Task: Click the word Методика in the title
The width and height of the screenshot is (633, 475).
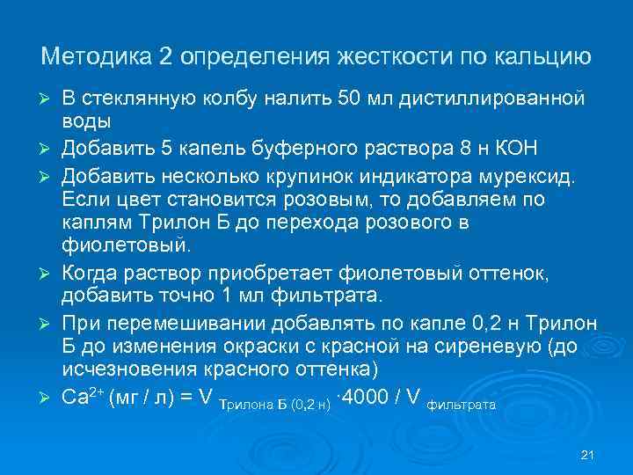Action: (x=97, y=57)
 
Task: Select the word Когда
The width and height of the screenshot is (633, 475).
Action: (x=91, y=274)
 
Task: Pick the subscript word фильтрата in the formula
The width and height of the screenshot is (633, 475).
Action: (x=461, y=406)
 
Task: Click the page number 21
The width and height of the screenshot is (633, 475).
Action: (x=589, y=455)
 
